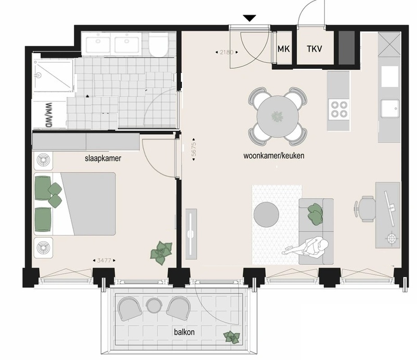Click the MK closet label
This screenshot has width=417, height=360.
(284, 49)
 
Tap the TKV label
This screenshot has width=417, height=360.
(314, 49)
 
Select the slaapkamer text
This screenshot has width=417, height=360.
(103, 158)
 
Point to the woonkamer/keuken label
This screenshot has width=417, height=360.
(274, 155)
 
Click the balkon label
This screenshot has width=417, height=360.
(184, 332)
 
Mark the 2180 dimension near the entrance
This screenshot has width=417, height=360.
(227, 52)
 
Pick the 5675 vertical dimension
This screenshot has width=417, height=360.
(194, 149)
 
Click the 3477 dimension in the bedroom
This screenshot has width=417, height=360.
(104, 261)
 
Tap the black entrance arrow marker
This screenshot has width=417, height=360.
(249, 18)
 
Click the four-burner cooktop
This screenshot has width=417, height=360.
(339, 109)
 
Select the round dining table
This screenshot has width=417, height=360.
(278, 117)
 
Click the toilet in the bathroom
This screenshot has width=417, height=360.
(159, 45)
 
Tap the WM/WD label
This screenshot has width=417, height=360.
(49, 115)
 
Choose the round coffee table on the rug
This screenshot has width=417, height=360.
(266, 214)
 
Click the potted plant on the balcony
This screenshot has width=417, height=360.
(232, 337)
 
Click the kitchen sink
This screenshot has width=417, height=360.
(390, 108)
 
